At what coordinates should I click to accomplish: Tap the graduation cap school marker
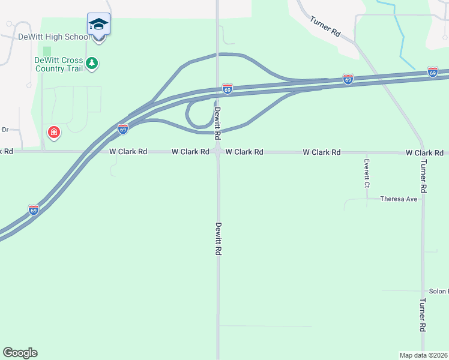[x=98, y=25]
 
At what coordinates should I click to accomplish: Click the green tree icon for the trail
[x=92, y=63]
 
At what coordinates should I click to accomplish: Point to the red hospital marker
[x=54, y=132]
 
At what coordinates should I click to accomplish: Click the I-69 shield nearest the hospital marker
[x=122, y=129]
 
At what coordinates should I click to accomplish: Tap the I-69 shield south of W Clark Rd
[x=34, y=209]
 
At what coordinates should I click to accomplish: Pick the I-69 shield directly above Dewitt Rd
[x=227, y=89]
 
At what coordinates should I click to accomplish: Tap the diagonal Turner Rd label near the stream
[x=325, y=27]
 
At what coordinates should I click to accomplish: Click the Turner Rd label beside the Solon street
[x=423, y=315]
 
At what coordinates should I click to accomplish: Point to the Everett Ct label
[x=366, y=174]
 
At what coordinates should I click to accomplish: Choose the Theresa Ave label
[x=399, y=199]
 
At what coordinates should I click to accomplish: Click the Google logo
[x=20, y=353]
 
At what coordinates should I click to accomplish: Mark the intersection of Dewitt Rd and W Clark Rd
[x=218, y=152]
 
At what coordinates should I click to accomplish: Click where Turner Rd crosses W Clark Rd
[x=423, y=152]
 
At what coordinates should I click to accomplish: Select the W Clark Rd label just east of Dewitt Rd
[x=244, y=152]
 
